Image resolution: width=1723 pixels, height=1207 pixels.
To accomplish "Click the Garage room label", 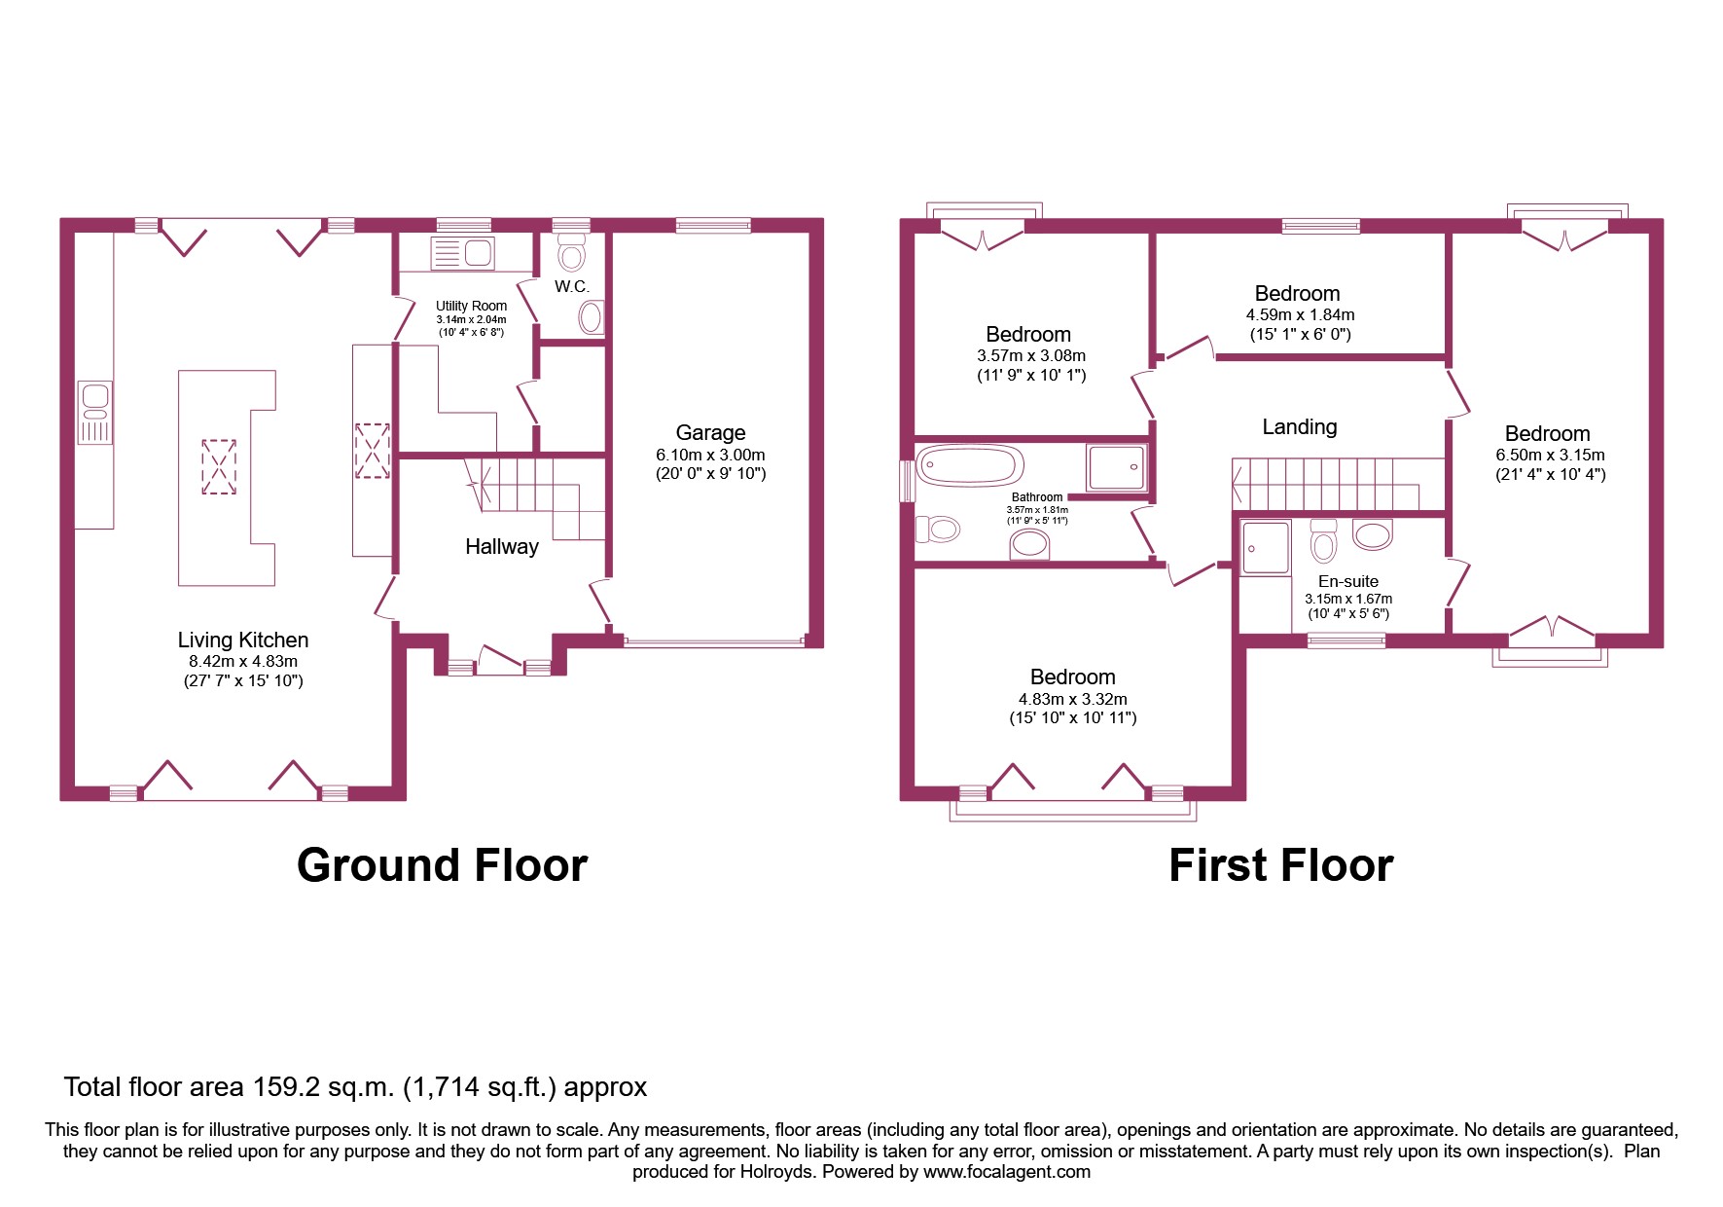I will click(710, 432).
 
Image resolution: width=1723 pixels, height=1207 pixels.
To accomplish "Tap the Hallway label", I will click(501, 546).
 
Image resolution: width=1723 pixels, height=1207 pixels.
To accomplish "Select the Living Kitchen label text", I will click(242, 640).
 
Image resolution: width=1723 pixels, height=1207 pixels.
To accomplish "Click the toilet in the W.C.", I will click(572, 252).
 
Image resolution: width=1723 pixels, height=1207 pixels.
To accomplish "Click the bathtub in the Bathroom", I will click(969, 466).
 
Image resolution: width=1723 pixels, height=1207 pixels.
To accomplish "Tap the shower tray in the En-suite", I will click(1265, 548).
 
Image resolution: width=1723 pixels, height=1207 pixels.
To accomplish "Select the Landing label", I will click(1299, 426).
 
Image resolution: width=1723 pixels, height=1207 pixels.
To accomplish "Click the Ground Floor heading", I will click(442, 864).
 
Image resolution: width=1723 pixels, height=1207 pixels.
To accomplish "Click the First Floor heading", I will click(1280, 864).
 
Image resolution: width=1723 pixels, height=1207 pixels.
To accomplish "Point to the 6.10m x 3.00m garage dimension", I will click(710, 455).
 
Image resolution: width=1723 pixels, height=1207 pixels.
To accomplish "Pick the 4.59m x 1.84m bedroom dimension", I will click(1300, 314).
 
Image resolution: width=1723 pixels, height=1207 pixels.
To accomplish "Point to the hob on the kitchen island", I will click(219, 466).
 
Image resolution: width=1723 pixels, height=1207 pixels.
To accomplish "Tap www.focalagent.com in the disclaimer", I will click(1006, 1172).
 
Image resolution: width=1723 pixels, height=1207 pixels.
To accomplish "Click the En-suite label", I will click(1347, 581).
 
